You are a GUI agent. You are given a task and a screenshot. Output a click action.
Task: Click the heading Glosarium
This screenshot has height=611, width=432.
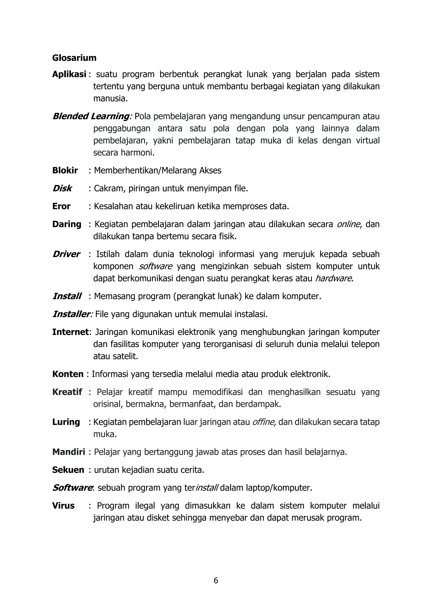click(74, 58)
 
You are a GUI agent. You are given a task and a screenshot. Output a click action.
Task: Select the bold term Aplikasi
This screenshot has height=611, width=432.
click(69, 74)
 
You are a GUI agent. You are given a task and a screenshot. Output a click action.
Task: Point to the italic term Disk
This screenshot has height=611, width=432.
click(62, 188)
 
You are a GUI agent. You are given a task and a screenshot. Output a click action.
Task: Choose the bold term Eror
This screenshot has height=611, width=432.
click(61, 206)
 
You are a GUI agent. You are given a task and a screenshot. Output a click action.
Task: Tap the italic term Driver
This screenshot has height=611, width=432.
click(66, 254)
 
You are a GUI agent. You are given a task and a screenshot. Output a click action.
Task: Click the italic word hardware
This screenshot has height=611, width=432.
click(333, 278)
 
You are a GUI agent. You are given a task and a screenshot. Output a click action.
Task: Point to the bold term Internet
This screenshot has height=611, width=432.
click(70, 332)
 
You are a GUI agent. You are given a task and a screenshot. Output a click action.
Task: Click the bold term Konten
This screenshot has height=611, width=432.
click(68, 374)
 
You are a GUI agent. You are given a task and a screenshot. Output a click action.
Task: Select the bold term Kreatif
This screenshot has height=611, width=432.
click(67, 392)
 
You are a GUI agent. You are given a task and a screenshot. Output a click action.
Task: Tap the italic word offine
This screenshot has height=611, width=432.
click(264, 422)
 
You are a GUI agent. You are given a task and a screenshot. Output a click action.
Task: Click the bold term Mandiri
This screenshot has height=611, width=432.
click(69, 452)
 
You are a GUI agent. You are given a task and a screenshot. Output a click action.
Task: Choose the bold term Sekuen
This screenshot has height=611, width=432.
click(68, 470)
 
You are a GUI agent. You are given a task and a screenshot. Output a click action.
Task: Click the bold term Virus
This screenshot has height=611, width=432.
click(63, 506)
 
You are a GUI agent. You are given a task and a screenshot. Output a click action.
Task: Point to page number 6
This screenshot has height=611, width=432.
click(216, 581)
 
